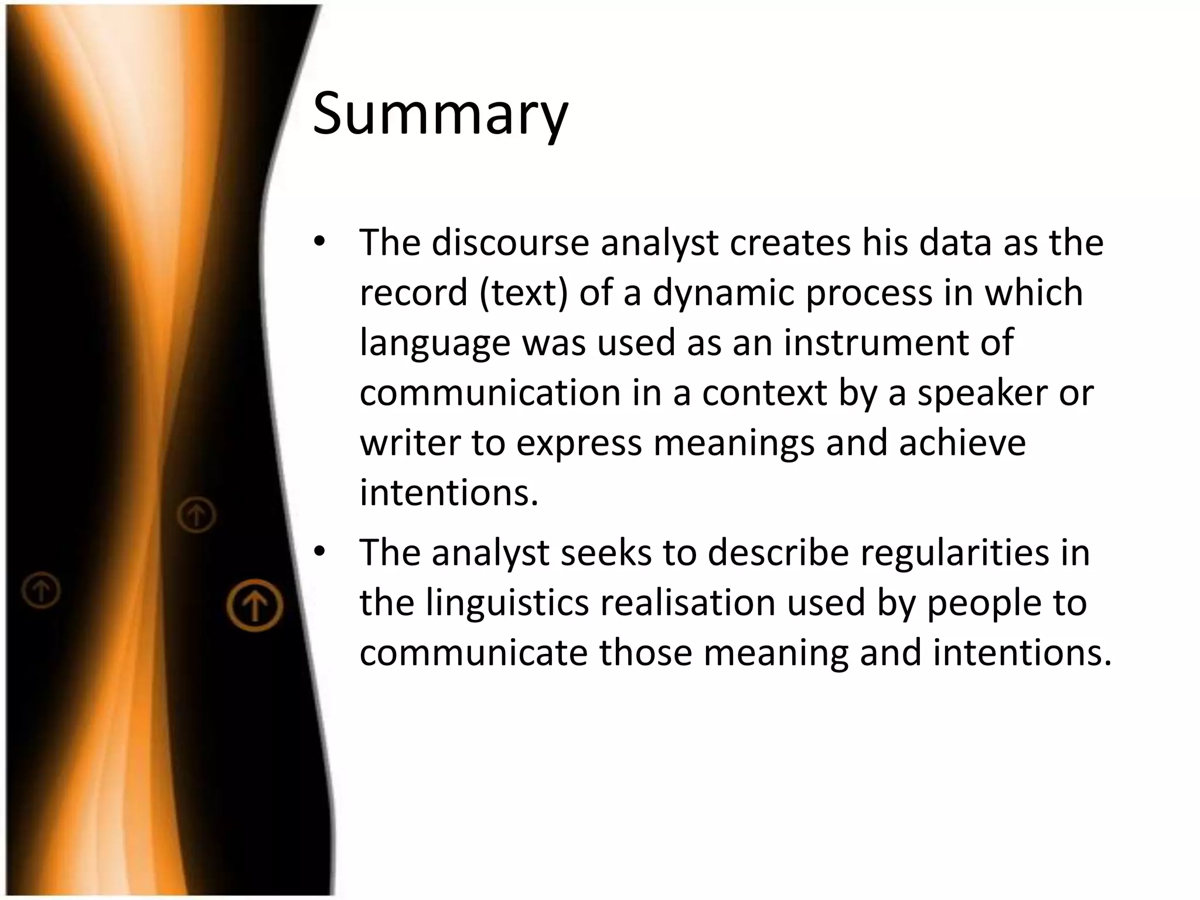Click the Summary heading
[440, 112]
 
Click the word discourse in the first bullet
[510, 242]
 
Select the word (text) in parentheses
[524, 292]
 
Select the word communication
[490, 393]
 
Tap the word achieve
[963, 442]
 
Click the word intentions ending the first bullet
[448, 492]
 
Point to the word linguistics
[507, 602]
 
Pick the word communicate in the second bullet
[473, 653]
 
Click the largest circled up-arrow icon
[255, 605]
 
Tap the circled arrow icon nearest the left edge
[41, 590]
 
